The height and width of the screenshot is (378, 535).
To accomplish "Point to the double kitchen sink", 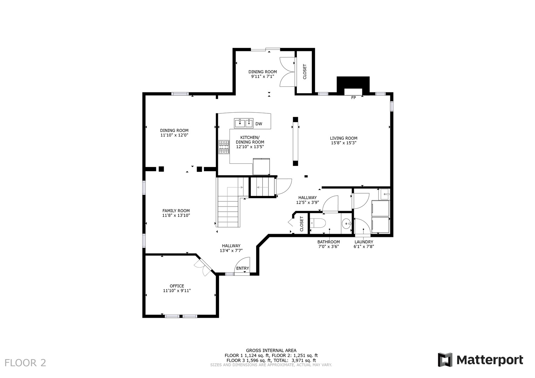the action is point(244,123).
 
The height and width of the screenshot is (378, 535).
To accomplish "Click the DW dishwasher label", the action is point(259,124).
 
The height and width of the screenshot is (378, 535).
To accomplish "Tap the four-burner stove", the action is point(224,147).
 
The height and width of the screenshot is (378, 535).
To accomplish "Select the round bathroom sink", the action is point(347,224).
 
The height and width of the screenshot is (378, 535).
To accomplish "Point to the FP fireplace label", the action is point(354,98).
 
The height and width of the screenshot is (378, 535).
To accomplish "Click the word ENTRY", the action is point(242,268).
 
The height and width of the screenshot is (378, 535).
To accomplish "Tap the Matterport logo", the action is point(480,360).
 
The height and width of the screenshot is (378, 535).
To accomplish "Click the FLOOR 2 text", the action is point(25,363).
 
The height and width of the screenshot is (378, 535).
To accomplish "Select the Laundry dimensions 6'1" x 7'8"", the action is point(364,246).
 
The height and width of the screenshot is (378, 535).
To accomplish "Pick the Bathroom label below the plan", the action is point(328,242).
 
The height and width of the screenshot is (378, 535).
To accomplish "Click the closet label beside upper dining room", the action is point(304,72).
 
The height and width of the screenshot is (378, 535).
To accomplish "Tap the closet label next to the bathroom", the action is point(301,224).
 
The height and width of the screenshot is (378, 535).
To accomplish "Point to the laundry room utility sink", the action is point(384,194).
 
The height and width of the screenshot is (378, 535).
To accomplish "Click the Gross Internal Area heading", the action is point(271,351).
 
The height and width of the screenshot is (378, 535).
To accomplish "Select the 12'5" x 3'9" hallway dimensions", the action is point(307,202).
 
